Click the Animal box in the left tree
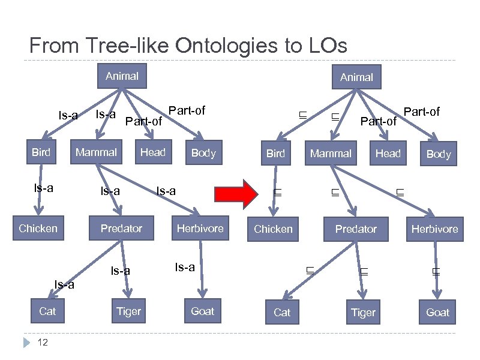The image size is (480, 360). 122,76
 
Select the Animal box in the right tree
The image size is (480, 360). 356,77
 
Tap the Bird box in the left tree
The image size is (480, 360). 41,152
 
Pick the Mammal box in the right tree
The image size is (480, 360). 331,154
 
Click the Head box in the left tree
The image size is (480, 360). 152,152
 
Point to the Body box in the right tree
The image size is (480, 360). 438,154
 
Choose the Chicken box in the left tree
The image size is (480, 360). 38,228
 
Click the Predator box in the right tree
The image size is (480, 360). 356,229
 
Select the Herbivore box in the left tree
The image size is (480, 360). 200,228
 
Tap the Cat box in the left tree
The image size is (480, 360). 47,311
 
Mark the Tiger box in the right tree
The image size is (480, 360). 363,312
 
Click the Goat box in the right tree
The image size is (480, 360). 437,312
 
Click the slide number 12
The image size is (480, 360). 43,342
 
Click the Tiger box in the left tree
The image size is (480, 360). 128,311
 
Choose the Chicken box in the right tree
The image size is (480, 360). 273,229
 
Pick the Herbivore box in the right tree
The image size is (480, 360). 434,229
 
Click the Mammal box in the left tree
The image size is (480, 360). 96,152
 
